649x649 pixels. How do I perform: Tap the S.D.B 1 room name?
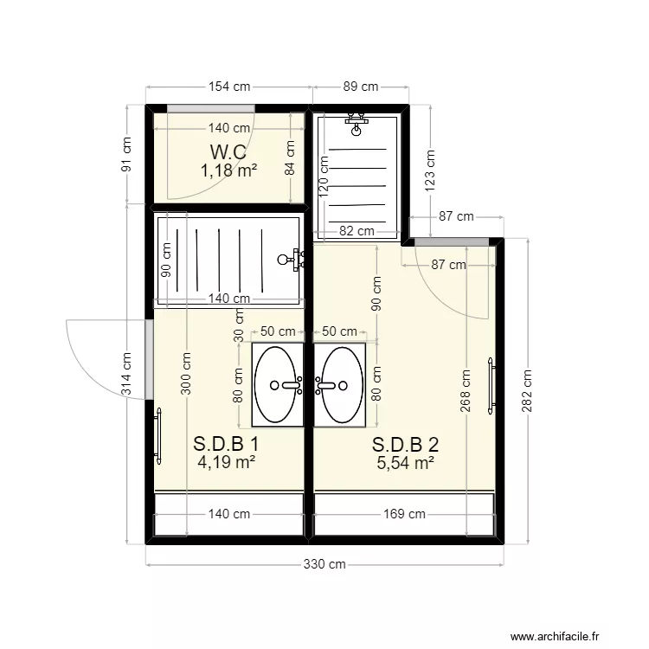[x=226, y=444]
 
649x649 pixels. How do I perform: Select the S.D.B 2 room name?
[x=405, y=445]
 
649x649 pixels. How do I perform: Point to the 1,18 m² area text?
[x=228, y=170]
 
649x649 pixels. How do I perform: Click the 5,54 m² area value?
[x=405, y=463]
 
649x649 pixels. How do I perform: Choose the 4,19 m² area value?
[x=226, y=462]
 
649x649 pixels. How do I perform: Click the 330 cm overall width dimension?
[x=324, y=564]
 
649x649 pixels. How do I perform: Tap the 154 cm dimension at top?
[x=229, y=87]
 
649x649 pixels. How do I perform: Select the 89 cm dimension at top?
[x=360, y=87]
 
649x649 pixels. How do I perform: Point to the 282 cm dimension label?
[x=527, y=391]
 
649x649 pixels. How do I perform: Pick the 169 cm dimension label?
[x=404, y=514]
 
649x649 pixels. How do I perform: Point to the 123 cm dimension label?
[x=430, y=170]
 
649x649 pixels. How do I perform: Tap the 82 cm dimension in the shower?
[x=357, y=231]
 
